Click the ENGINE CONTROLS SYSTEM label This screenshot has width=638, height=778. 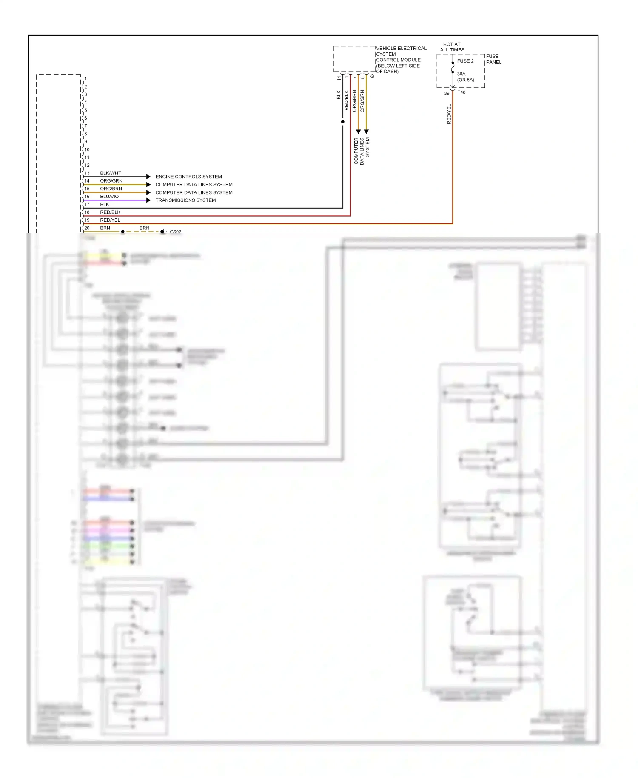point(188,177)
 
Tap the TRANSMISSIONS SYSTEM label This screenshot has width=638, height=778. point(185,200)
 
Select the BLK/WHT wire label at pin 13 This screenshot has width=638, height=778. point(111,173)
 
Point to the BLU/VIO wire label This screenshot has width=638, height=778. point(109,197)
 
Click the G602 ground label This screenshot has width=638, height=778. point(175,232)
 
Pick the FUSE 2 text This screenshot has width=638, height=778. point(465,61)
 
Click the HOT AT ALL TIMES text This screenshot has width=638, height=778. point(452,47)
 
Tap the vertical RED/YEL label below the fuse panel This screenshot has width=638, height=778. point(449,114)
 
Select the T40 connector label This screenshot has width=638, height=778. point(461,92)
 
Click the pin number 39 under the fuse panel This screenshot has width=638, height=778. point(447,94)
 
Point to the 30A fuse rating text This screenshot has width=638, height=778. point(461,74)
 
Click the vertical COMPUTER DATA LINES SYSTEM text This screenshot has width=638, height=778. point(362,151)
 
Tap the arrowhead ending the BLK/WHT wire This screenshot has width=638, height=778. point(148,177)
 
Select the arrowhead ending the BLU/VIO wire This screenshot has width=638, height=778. point(148,200)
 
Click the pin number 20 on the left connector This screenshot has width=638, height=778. point(87,228)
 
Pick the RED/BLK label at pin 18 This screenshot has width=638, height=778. point(110,212)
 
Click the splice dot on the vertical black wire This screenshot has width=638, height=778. point(343,122)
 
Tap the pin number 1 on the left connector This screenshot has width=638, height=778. point(85,79)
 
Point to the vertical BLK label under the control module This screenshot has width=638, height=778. point(339,95)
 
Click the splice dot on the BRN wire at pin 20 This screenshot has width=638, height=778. point(123,232)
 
